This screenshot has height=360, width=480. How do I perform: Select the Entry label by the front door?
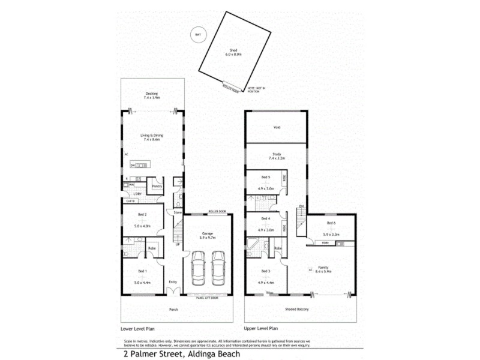[173, 282]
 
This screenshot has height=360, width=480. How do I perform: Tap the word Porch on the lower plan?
[173, 310]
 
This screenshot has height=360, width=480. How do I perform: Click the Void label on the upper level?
[277, 127]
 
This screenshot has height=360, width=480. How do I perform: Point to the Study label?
[277, 155]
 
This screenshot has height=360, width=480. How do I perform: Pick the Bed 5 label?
[266, 178]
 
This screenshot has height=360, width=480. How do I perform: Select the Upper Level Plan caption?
[261, 329]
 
